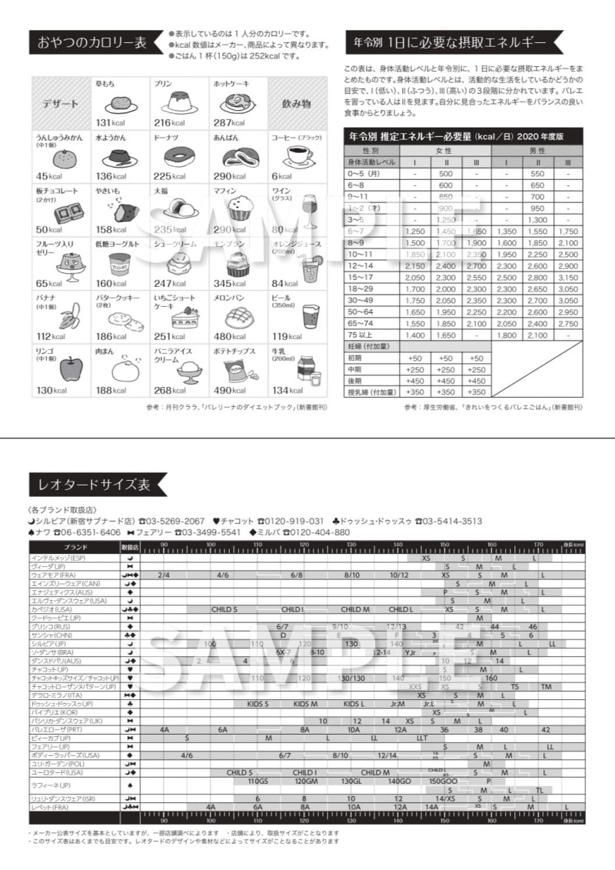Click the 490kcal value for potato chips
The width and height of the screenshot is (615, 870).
(229, 390)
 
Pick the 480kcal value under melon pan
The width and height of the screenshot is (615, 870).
(229, 336)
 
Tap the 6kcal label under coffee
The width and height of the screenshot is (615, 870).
(281, 176)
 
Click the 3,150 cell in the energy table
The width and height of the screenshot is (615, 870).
(568, 277)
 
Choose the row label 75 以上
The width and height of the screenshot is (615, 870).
(361, 335)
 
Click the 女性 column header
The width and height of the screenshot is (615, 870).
(445, 151)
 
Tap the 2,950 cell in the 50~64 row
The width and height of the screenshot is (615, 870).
(568, 312)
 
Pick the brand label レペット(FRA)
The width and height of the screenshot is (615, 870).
(51, 807)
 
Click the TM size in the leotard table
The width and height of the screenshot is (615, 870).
(546, 687)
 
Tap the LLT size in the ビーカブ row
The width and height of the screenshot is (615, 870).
(422, 738)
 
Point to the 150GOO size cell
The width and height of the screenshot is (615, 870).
(444, 782)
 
